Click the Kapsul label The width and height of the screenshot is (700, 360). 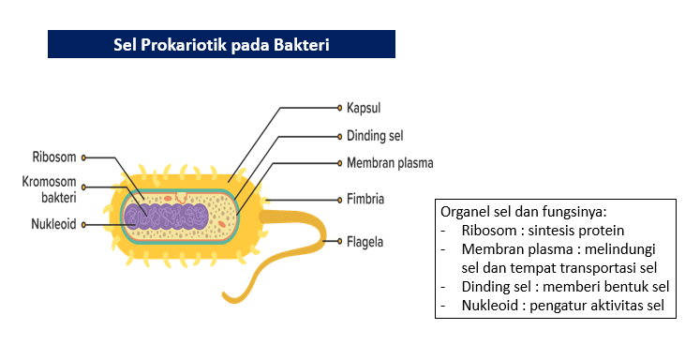[364, 107]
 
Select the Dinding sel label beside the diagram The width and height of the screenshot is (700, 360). [375, 135]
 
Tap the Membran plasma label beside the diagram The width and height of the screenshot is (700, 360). [390, 162]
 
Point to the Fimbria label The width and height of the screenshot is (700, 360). [365, 200]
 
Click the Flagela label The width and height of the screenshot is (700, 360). [365, 241]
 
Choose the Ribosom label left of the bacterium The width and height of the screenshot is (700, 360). [53, 157]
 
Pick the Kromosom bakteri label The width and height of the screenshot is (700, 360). [53, 189]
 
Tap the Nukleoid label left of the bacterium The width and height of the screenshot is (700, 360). [52, 224]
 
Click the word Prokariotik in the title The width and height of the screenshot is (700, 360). [189, 44]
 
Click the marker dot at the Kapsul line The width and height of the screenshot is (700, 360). [337, 107]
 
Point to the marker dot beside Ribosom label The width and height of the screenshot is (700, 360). [83, 157]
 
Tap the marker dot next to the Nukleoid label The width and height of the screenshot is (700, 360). [83, 224]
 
